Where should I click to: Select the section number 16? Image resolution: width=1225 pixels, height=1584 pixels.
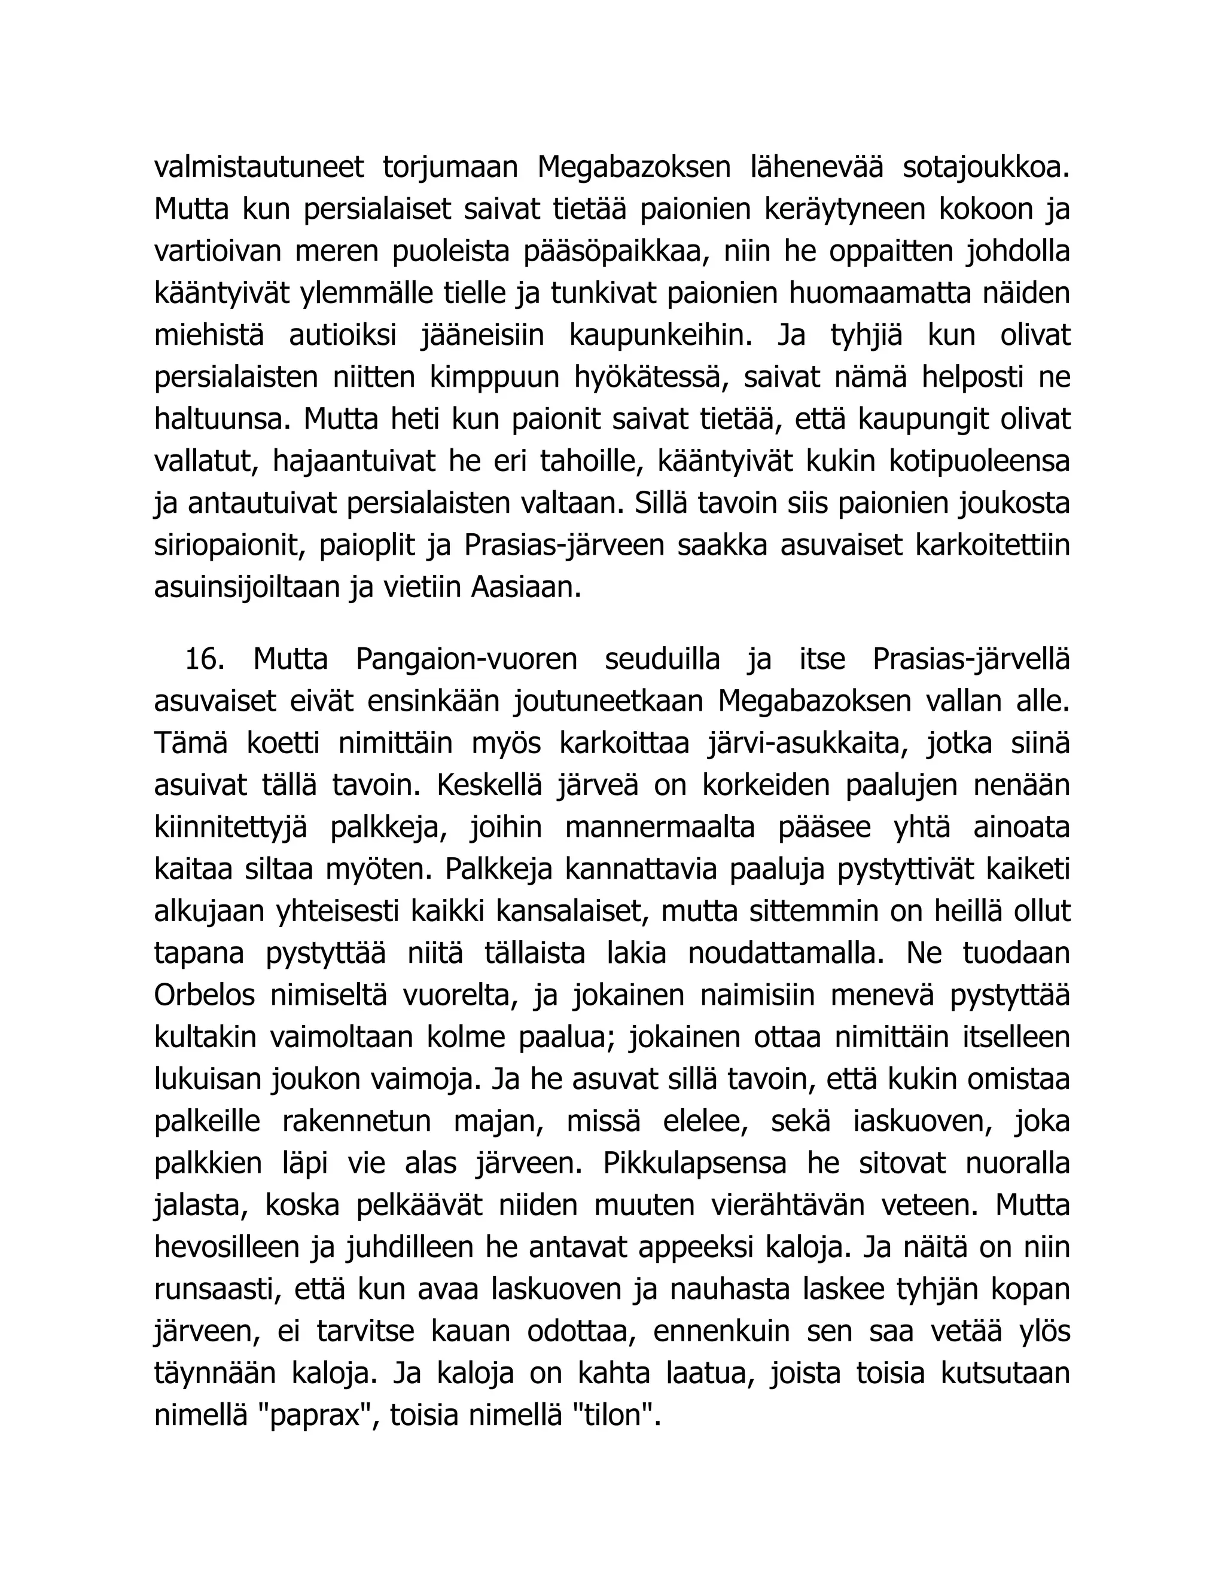(x=203, y=659)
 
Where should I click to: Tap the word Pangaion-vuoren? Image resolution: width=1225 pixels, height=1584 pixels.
(x=466, y=659)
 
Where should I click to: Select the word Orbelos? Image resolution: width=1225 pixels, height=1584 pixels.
(x=204, y=996)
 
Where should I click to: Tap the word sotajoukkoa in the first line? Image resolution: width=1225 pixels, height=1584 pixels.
(x=986, y=167)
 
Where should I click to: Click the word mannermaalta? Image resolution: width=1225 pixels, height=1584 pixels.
(x=660, y=827)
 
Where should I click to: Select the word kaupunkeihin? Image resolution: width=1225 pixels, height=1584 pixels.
(x=660, y=336)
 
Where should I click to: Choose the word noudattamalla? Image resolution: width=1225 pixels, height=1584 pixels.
(x=786, y=954)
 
